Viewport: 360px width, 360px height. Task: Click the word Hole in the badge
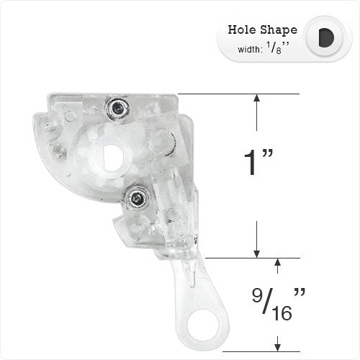point(240,30)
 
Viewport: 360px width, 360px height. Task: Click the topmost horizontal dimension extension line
point(238,94)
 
